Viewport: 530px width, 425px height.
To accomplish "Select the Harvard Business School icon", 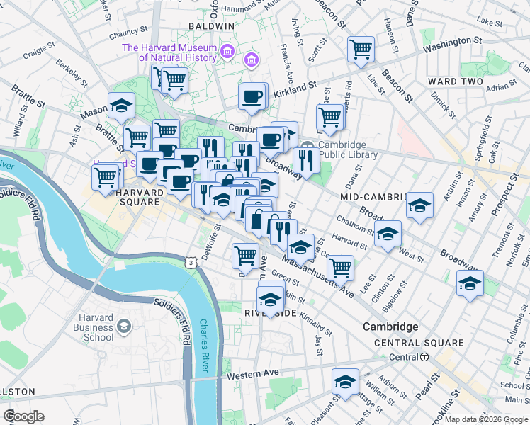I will point(125,326).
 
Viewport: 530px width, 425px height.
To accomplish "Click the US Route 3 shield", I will point(191,262).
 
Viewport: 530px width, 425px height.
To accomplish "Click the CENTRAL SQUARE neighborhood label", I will point(419,343).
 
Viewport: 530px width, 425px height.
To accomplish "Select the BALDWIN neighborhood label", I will point(211,26).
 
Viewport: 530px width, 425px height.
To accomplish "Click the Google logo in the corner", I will point(23,416).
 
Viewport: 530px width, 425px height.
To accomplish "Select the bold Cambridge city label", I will point(390,327).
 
